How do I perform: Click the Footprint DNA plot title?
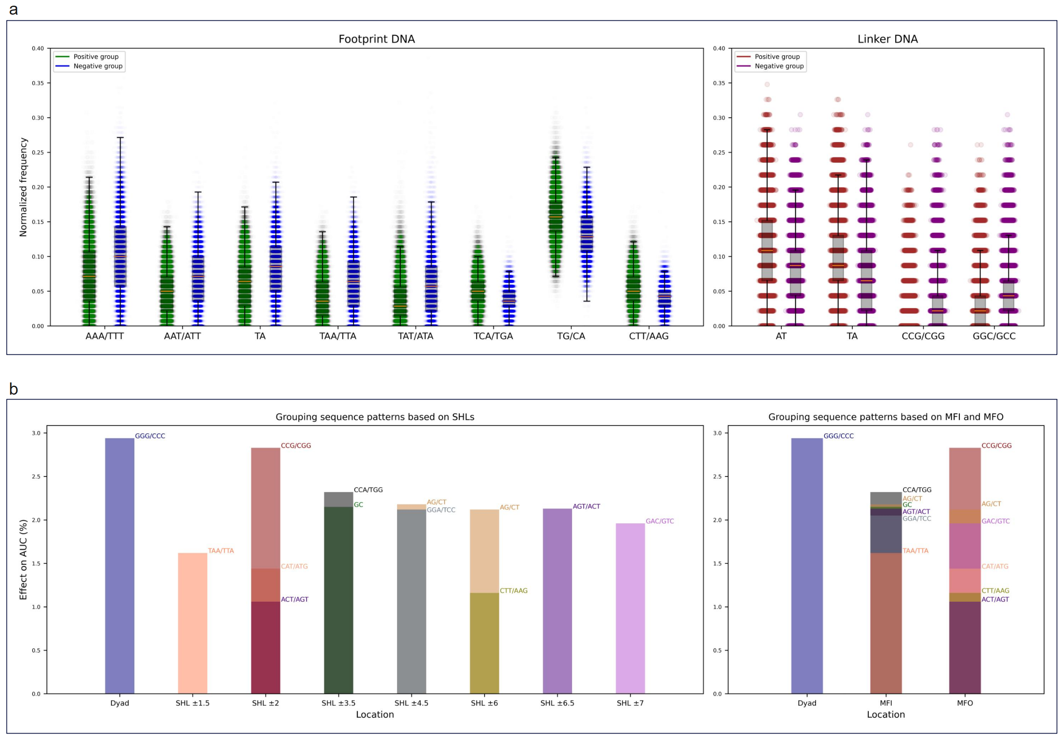(376, 39)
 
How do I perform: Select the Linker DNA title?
(887, 39)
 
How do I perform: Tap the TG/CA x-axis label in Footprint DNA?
(570, 336)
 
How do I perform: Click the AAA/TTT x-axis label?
(105, 336)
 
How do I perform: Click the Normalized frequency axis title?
(23, 187)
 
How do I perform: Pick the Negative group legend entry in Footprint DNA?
(97, 66)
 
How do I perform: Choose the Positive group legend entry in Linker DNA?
(776, 57)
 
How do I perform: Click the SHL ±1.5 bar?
(192, 622)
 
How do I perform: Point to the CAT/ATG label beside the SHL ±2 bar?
(294, 566)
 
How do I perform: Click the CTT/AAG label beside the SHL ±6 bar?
(513, 591)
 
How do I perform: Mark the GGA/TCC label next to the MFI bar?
(916, 519)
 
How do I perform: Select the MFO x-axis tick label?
(964, 703)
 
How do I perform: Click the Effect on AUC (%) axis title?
(23, 559)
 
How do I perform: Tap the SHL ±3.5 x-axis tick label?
(338, 703)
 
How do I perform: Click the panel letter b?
(14, 390)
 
